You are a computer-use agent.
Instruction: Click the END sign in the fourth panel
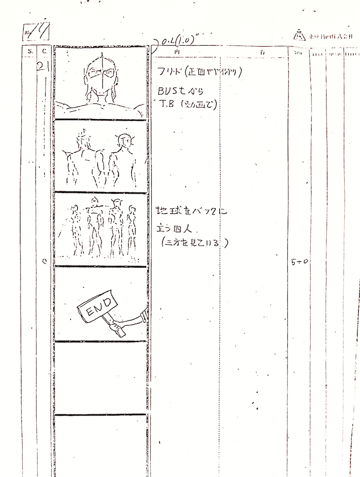pos(96,305)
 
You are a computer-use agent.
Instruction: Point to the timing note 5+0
pos(299,262)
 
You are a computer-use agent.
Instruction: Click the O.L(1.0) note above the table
pos(177,41)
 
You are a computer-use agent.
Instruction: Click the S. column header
pos(30,51)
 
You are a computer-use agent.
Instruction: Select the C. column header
pos(44,51)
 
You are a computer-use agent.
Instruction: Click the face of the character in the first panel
pos(101,75)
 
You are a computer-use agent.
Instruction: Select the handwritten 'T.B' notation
pos(167,104)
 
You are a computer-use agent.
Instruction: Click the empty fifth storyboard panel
pos(101,377)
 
